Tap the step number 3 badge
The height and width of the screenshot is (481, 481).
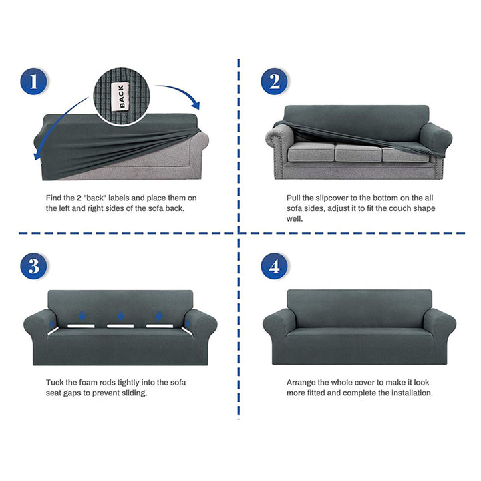pyautogui.click(x=33, y=267)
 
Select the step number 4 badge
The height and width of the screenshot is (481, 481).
pyautogui.click(x=275, y=267)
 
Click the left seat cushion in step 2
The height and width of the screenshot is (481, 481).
pyautogui.click(x=311, y=152)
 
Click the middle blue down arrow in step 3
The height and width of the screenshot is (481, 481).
pyautogui.click(x=120, y=315)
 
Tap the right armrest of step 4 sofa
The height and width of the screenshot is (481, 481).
pyautogui.click(x=440, y=327)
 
